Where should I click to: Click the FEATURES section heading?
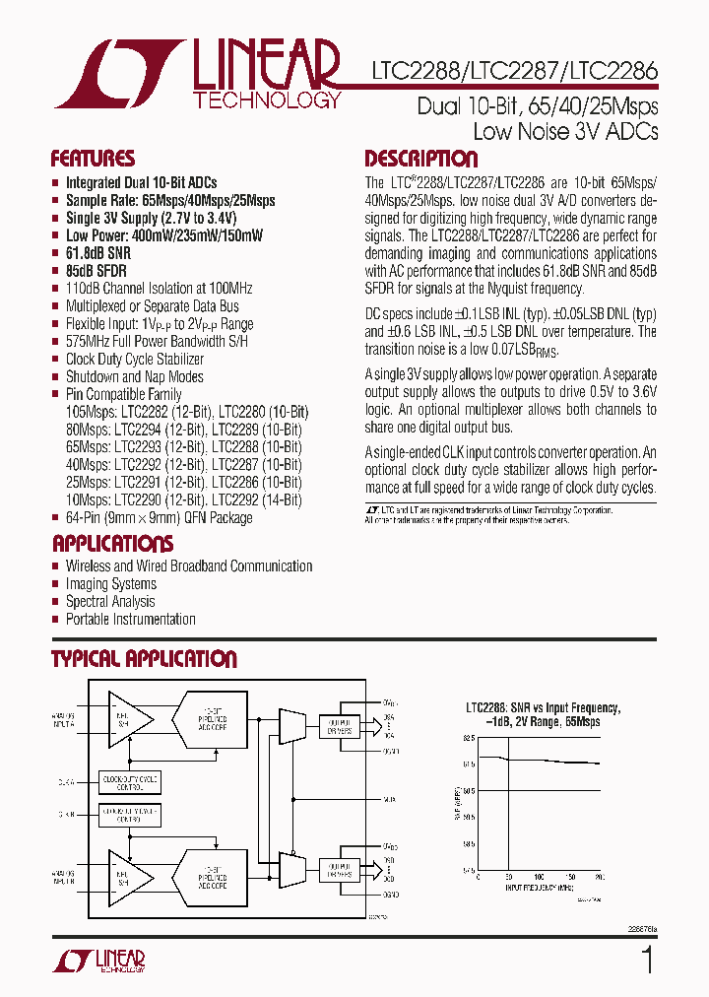(93, 160)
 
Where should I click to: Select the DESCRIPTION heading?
(420, 160)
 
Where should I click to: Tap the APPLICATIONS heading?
(112, 544)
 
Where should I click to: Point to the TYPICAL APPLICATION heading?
(144, 659)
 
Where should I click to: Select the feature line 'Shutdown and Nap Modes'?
(134, 377)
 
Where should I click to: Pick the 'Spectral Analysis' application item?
(109, 602)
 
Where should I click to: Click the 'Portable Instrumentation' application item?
(130, 620)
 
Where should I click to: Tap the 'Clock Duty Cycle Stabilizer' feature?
(134, 360)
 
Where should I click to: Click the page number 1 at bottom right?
(647, 959)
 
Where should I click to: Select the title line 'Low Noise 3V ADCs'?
(565, 131)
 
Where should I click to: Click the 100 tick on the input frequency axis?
(539, 876)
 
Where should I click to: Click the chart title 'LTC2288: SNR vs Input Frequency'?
(543, 708)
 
